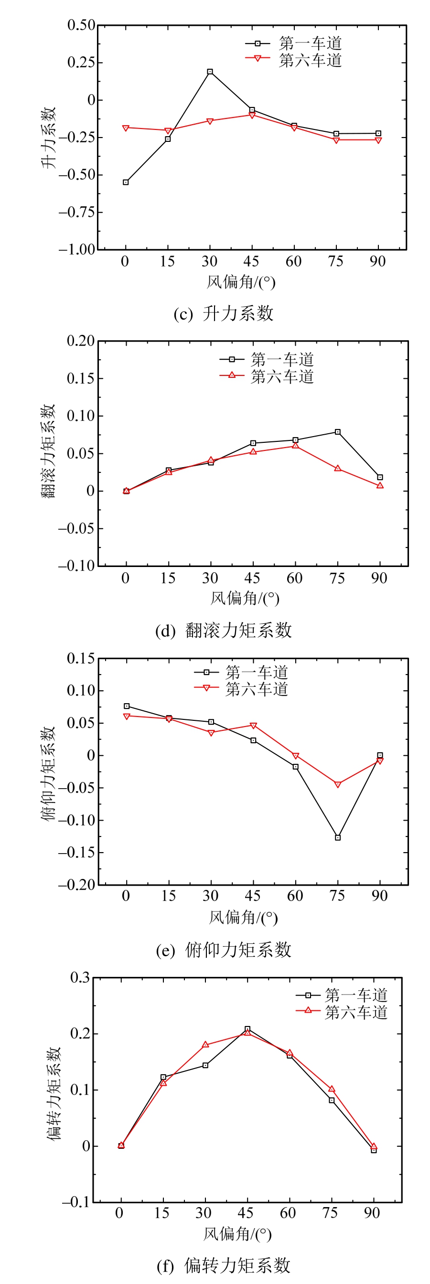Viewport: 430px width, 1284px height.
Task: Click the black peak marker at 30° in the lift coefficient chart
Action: click(210, 72)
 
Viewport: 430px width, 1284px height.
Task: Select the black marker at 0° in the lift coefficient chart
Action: click(126, 182)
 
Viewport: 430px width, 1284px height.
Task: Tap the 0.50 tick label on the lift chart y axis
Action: click(81, 25)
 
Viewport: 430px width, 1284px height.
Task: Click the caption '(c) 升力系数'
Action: click(224, 313)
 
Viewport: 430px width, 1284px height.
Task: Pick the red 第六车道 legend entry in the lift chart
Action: click(293, 60)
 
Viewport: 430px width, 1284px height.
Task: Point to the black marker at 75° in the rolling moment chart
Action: click(338, 432)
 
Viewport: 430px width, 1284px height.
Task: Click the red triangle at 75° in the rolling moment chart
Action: click(338, 469)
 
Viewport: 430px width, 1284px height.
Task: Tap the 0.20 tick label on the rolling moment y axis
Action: click(81, 341)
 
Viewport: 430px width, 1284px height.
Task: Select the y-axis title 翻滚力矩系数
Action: click(48, 451)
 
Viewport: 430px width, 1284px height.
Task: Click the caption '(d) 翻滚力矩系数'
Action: click(224, 631)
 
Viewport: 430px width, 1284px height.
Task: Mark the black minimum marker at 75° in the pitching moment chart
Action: click(338, 837)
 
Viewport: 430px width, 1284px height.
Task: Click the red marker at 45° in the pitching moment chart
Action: click(253, 726)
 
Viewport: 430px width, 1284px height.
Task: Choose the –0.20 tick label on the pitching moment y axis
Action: click(77, 885)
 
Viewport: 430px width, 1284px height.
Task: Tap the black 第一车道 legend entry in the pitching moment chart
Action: click(241, 673)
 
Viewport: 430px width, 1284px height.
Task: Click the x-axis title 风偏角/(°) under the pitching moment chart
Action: click(243, 917)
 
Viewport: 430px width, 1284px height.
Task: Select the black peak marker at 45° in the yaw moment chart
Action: click(247, 1029)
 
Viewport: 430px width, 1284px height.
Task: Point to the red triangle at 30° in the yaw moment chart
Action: click(205, 1044)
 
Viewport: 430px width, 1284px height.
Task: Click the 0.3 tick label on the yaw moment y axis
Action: click(80, 977)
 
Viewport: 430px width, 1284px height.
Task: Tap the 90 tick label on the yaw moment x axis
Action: click(372, 1213)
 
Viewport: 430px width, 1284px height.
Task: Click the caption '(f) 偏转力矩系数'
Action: click(224, 1265)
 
